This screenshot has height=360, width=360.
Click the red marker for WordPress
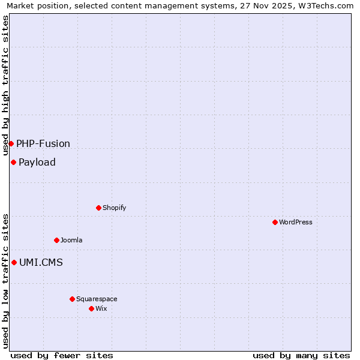coord(275,222)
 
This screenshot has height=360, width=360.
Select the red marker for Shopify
coord(98,208)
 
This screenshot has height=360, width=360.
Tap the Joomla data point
coord(56,240)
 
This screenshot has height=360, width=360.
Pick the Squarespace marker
coord(72,299)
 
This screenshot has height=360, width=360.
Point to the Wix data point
coord(91,308)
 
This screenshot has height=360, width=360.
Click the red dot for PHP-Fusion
coord(11,143)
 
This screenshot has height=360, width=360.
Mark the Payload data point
coord(13,162)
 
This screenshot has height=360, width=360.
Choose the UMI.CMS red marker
coord(14,262)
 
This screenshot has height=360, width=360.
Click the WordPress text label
coord(296,222)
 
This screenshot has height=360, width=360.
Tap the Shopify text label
coord(114,208)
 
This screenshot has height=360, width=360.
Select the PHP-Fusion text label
coord(43,143)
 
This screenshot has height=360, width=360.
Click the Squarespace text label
coord(97,299)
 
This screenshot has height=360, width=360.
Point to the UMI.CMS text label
coord(41,262)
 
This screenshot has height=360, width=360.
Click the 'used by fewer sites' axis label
coord(62,355)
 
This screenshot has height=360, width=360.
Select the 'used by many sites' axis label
coord(301,355)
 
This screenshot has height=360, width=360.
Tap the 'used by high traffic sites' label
coord(5,86)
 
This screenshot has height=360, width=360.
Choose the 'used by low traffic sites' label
coord(5,281)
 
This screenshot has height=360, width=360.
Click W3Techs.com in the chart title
coord(328,5)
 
